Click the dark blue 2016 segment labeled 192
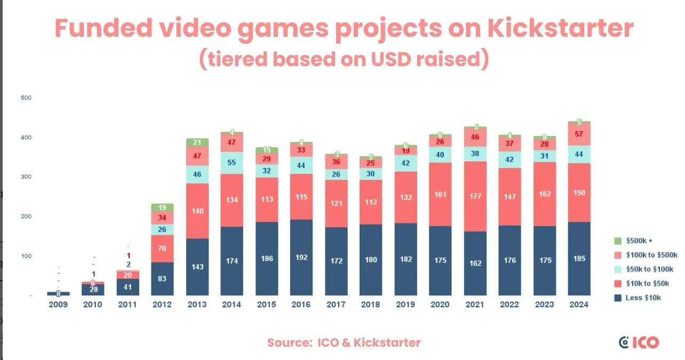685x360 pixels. pos(302,257)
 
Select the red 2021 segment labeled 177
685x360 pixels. pos(475,196)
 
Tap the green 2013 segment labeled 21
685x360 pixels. pos(197,142)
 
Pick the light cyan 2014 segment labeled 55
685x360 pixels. pos(232,163)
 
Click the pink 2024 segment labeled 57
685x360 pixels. pos(579,134)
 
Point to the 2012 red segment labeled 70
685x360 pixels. pos(162,248)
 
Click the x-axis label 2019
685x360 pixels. pos(405,305)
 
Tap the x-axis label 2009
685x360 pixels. pos(58,305)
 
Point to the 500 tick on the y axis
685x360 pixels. pos(26,98)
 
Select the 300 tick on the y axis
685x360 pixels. pos(26,177)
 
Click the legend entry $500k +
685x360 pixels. pos(638,241)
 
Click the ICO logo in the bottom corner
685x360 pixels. pos(639,342)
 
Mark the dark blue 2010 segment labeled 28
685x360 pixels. pos(93,289)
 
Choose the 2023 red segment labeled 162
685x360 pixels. pos(544,194)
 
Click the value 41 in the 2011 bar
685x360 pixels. pos(128,286)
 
